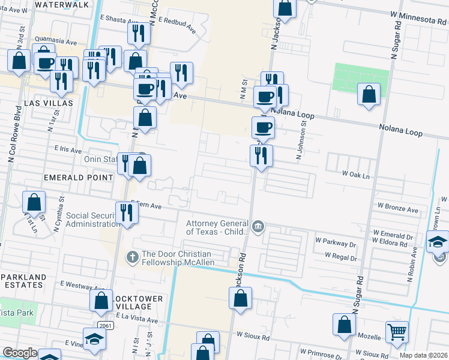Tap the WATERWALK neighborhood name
pyautogui.click(x=62, y=5)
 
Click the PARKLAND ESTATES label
pyautogui.click(x=23, y=281)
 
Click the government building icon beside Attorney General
pyautogui.click(x=258, y=226)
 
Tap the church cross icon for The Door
pyautogui.click(x=133, y=256)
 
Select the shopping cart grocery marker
pyautogui.click(x=397, y=332)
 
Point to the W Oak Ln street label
pyautogui.click(x=355, y=173)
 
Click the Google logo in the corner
pyautogui.click(x=20, y=353)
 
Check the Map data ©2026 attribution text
pyautogui.click(x=423, y=355)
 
